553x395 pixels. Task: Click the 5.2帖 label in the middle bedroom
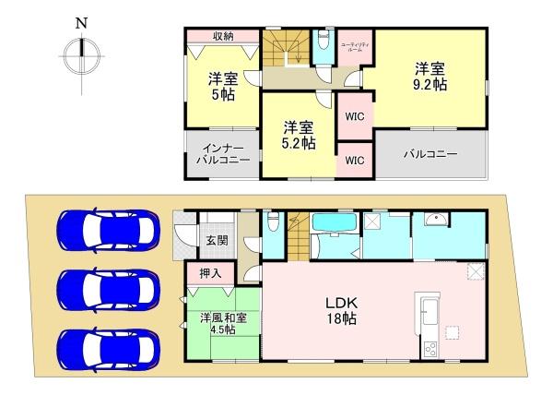300,143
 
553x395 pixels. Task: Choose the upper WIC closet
354,117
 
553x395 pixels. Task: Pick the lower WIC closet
354,160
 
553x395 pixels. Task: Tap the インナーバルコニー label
222,152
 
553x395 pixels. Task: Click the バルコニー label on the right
429,153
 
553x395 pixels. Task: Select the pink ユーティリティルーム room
355,48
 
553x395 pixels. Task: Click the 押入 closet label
210,273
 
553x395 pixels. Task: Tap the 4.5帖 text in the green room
222,329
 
